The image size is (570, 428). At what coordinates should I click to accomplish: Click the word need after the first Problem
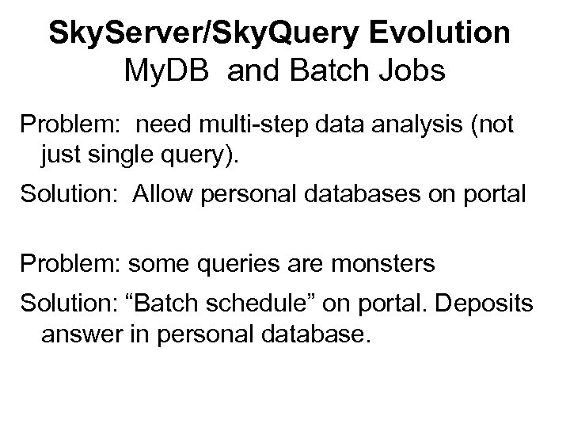tap(165, 125)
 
